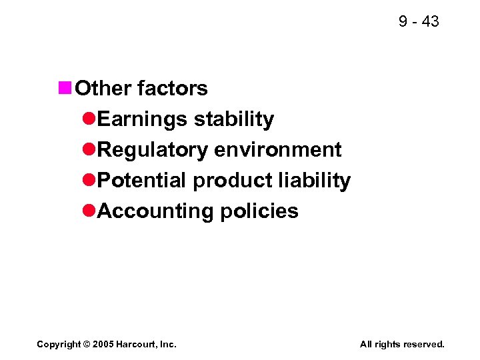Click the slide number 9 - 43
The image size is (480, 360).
click(419, 22)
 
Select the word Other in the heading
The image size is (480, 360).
click(98, 88)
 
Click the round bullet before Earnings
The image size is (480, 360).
click(89, 119)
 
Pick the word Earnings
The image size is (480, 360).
click(143, 119)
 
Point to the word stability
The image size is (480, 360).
click(234, 119)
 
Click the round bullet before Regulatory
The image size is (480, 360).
click(89, 149)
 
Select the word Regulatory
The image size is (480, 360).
click(153, 150)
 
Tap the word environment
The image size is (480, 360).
click(279, 149)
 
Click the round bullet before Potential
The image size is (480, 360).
click(89, 180)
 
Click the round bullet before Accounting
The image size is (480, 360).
click(89, 211)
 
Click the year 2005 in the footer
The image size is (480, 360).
click(103, 344)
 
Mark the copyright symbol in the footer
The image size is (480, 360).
click(87, 344)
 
